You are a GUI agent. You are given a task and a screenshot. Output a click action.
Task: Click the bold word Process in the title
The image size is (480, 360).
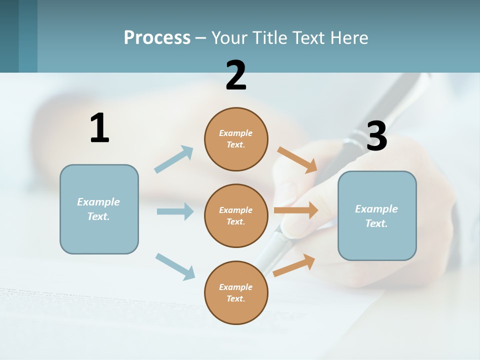pos(157,38)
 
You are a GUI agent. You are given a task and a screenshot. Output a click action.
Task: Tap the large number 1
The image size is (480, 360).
pos(99,128)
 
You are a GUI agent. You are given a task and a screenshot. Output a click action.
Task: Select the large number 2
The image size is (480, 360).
pos(236,75)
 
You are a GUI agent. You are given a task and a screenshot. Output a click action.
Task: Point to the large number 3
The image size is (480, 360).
pos(376,136)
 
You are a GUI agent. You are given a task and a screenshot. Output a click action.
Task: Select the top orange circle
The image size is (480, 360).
pos(236,139)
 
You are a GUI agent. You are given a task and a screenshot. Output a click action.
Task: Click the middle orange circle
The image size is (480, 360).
pos(236,215)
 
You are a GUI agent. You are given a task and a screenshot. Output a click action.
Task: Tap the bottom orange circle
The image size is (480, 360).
pos(236,292)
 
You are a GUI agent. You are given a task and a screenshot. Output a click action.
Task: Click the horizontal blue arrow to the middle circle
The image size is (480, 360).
pos(175,211)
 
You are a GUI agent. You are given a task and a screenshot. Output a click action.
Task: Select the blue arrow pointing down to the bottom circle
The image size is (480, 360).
pos(175,266)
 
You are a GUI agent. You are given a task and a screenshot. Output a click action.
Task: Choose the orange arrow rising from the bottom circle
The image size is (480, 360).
pos(294,265)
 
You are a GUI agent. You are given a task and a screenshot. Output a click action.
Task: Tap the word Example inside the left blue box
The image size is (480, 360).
pos(98,202)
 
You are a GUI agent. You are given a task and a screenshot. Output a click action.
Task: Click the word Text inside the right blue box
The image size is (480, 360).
pos(376,223)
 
